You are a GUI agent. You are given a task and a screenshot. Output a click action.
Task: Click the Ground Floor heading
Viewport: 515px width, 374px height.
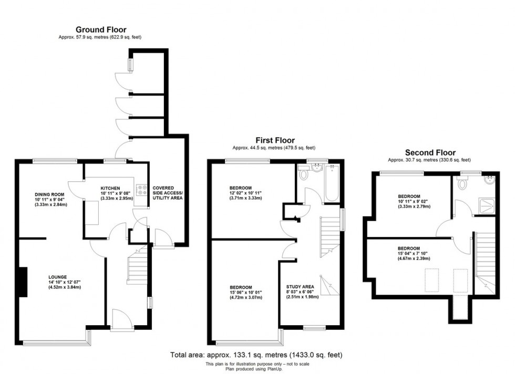pos(101,29)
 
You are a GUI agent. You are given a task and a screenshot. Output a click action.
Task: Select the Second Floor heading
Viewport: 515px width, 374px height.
pos(429,152)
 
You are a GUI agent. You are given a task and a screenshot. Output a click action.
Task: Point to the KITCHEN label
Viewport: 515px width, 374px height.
pos(111,188)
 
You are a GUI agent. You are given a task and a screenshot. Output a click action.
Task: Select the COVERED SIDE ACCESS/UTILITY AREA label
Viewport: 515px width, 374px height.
pos(167,193)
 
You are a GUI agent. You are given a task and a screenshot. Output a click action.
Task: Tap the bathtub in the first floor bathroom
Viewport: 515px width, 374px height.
pos(333,183)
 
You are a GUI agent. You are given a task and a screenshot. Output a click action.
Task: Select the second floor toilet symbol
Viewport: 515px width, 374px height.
pos(462,183)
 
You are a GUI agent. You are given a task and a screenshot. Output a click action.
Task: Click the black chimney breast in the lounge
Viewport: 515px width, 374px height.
pos(23,282)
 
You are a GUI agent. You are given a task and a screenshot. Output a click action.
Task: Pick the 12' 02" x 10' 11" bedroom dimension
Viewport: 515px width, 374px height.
pos(245,193)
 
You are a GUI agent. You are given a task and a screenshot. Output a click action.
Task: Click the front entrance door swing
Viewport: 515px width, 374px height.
pos(119,318)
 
